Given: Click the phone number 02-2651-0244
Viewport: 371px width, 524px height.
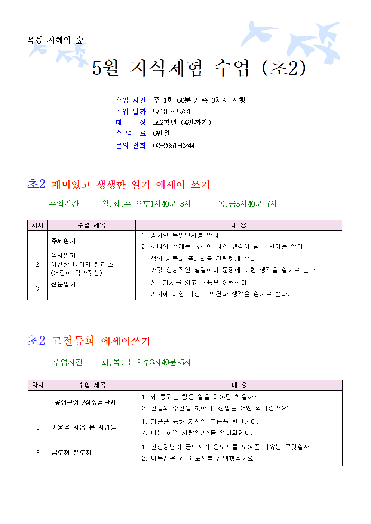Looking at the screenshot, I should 174,146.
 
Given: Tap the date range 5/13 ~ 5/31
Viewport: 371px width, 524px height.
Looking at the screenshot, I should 172,112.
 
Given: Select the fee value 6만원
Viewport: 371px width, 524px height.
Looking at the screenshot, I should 161,133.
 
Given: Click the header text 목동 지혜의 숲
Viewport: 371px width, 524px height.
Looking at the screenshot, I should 55,40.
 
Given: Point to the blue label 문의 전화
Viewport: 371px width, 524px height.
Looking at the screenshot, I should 131,146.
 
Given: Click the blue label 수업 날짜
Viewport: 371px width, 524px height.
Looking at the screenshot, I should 131,112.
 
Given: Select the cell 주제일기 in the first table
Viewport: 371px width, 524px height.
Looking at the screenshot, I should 63,241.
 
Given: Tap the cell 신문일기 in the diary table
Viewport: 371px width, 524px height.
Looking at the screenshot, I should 63,284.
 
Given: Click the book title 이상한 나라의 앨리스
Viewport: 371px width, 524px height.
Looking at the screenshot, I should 82,264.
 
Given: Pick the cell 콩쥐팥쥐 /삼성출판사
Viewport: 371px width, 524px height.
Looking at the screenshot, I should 85,403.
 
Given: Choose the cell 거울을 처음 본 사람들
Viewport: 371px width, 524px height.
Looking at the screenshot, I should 84,427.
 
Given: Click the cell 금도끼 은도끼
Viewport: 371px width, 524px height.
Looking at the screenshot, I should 71,453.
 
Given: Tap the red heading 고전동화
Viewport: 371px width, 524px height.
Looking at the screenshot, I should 73,341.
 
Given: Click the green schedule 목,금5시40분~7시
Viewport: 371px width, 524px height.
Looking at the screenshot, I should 247,204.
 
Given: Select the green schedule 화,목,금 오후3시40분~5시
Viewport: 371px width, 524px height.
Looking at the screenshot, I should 146,362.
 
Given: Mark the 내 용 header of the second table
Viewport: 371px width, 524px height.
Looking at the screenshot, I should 239,385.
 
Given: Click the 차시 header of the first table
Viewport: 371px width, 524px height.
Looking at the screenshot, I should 37,225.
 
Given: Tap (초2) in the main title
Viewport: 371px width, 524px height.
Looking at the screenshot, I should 284,68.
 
